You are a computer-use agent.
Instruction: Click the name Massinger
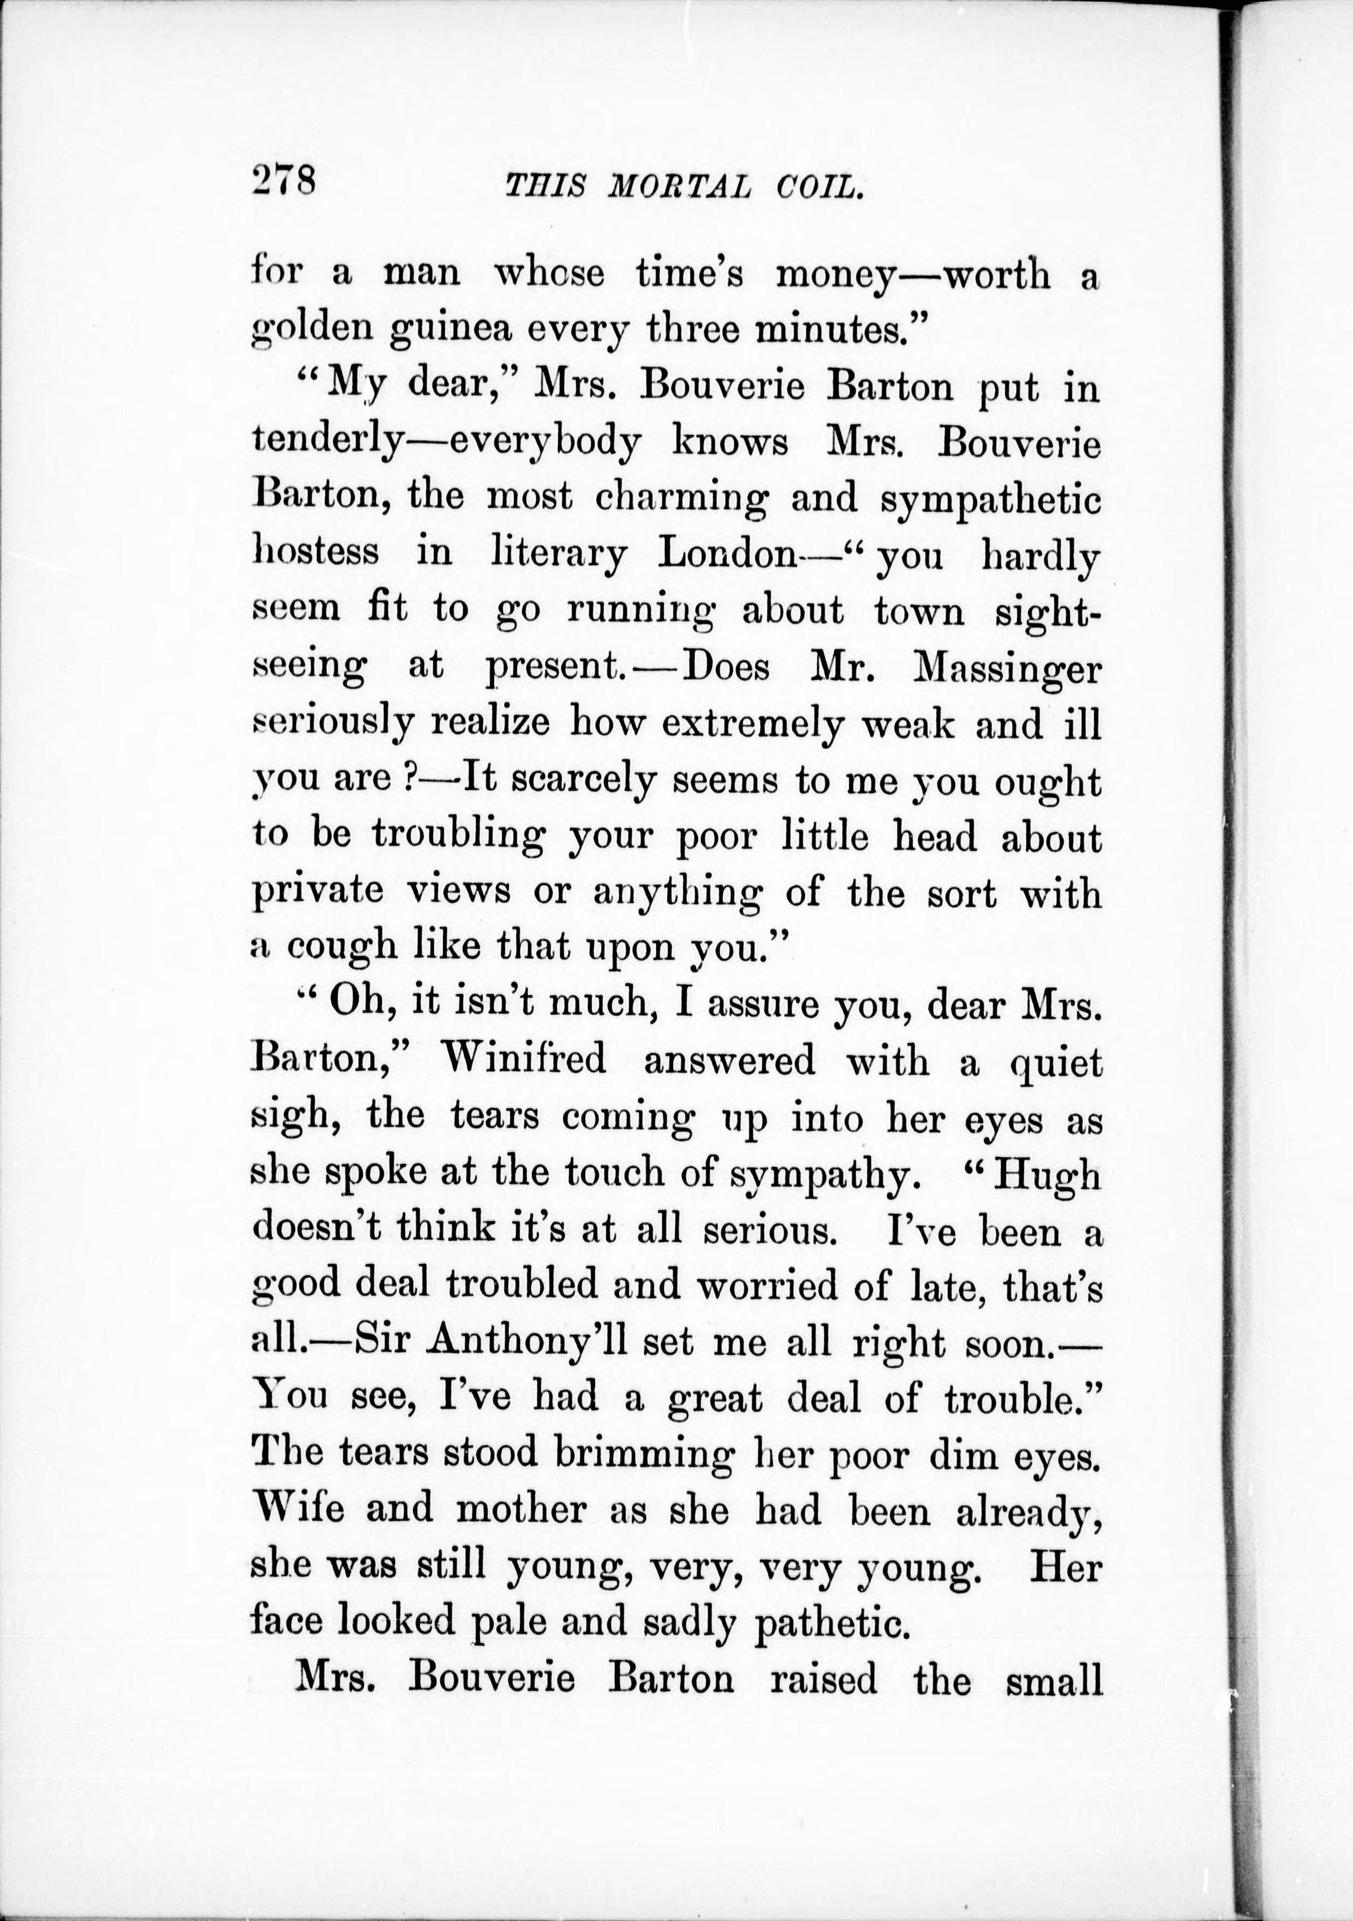point(1008,669)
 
